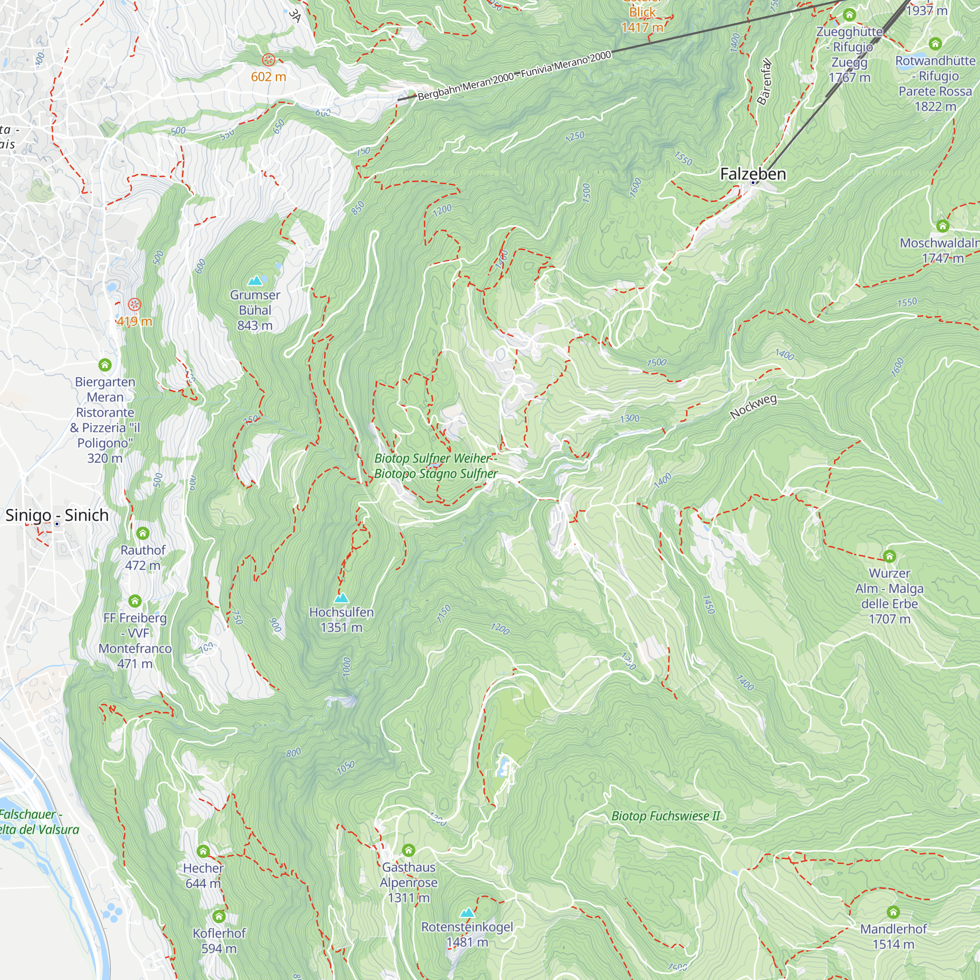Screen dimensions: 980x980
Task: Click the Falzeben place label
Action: click(x=753, y=174)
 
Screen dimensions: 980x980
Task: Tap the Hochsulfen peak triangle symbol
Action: click(x=342, y=597)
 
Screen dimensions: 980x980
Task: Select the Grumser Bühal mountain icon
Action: click(x=255, y=280)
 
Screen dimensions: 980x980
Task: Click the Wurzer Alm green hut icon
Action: click(x=889, y=557)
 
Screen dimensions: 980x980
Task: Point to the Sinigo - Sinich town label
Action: click(x=57, y=515)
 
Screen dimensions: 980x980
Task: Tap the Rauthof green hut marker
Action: click(x=143, y=533)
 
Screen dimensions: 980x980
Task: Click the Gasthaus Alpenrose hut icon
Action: click(x=408, y=850)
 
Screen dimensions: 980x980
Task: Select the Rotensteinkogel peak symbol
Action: click(x=466, y=913)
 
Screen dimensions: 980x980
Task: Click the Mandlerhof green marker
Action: click(x=893, y=912)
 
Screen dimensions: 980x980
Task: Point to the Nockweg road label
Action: click(x=753, y=407)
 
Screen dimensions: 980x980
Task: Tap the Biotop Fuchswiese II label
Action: click(x=665, y=816)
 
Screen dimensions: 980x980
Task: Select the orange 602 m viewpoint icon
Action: click(x=269, y=60)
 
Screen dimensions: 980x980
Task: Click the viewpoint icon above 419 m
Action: click(x=134, y=304)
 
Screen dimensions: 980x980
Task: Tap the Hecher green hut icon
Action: click(x=203, y=851)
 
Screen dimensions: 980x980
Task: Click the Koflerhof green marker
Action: click(x=219, y=916)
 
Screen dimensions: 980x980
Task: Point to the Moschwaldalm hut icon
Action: click(x=942, y=226)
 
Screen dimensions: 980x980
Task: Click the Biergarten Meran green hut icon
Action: click(x=105, y=365)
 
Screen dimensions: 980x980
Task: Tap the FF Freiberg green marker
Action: click(x=135, y=601)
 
